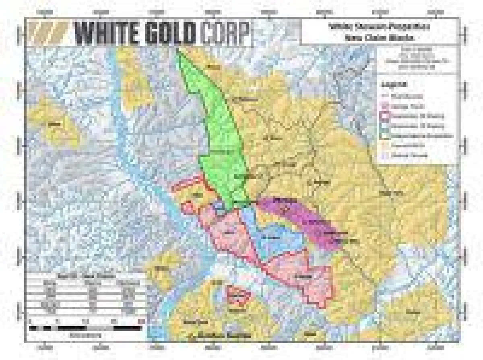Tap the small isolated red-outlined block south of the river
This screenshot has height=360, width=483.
tap(238, 296)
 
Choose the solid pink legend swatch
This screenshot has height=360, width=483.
tap(386, 106)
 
